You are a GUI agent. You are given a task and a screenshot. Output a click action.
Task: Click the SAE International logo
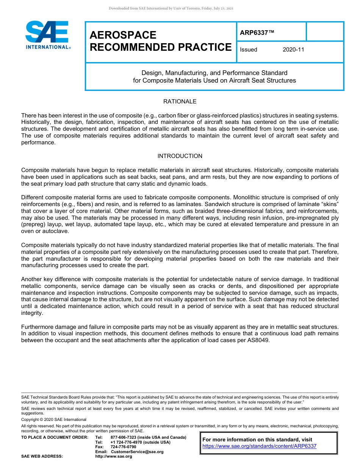[x=47, y=35]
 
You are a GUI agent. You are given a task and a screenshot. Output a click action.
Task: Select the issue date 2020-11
[x=293, y=50]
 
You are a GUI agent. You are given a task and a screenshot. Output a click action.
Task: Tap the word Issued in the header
[x=249, y=50]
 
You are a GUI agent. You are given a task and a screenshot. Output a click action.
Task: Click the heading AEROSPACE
[x=123, y=35]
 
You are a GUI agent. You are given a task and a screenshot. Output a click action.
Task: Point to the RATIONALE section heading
[x=180, y=102]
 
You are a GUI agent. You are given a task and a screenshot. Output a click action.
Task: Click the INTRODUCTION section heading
[x=180, y=156]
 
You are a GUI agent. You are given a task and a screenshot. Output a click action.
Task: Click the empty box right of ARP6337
[x=324, y=32]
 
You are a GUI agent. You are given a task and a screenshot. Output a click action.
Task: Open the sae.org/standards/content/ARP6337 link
[x=259, y=446]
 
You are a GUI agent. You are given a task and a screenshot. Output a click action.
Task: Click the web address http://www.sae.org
[x=114, y=457]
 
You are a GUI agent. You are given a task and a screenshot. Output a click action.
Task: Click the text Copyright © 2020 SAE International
[x=54, y=419]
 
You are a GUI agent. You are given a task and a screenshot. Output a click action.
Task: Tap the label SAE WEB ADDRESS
[x=42, y=457]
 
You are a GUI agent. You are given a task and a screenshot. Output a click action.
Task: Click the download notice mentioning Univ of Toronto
[x=171, y=8]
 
